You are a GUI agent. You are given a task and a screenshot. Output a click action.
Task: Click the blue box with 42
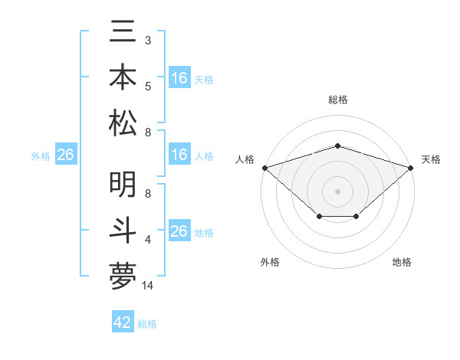123,322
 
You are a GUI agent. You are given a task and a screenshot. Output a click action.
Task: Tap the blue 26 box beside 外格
65,155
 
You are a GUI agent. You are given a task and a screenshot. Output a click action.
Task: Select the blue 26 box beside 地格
179,231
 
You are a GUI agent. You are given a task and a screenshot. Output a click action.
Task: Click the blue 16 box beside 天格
179,78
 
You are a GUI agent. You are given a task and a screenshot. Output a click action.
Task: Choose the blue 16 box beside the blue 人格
179,155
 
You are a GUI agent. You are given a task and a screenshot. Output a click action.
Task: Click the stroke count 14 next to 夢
148,286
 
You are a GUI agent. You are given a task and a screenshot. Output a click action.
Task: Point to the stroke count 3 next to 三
147,39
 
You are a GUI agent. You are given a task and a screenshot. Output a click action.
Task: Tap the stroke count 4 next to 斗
147,240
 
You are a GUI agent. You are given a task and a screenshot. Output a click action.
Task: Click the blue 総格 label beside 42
147,324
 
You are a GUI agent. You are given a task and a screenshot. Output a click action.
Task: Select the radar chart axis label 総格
337,100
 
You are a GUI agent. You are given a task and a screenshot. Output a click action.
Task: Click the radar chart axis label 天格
431,159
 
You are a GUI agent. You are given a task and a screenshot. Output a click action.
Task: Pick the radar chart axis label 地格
402,262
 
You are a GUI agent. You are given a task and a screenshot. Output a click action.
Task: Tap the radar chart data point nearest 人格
264,167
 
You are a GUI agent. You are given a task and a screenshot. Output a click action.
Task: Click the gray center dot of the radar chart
337,191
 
